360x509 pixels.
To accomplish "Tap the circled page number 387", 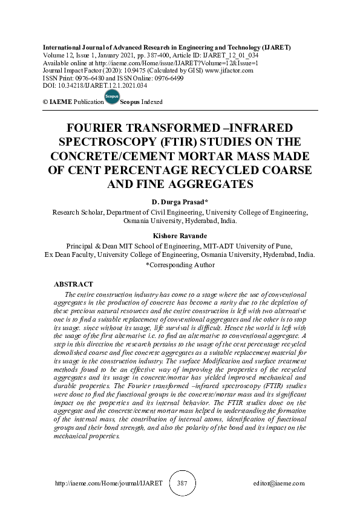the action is [x=181, y=484].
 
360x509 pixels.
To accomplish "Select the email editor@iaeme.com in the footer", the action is [x=279, y=484].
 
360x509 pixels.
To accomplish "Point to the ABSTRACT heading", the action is [x=73, y=284].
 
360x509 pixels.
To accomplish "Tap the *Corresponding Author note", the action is [x=180, y=264].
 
